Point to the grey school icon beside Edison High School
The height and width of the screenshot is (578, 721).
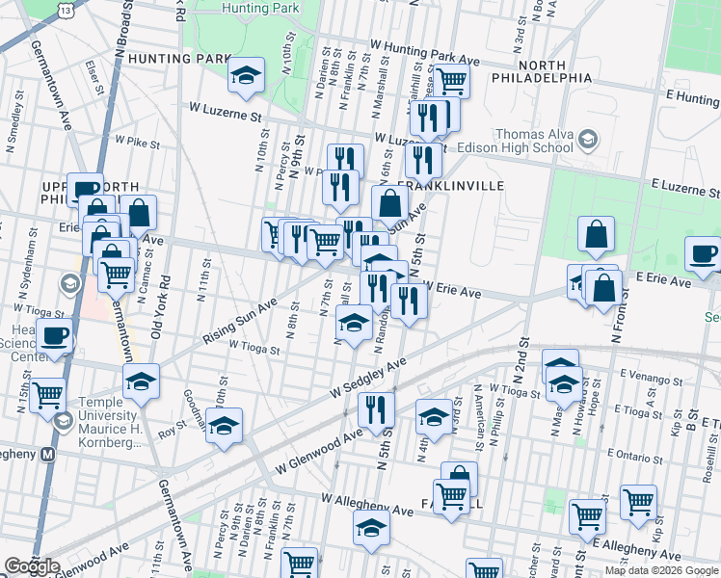point(586,142)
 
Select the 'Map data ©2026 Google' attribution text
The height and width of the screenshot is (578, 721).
point(661,570)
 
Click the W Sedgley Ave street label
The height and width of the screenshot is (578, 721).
point(369,378)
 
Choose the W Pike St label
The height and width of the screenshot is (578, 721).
point(137,143)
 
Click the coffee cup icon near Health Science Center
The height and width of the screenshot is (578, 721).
point(55,338)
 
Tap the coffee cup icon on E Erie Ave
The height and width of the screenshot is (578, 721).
point(703,254)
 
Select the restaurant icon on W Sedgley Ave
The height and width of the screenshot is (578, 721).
point(376,409)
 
